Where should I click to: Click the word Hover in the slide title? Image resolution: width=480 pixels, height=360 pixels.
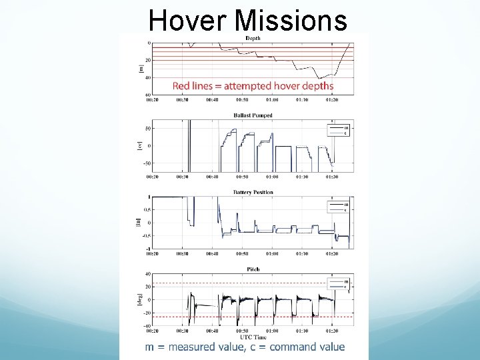click(189, 20)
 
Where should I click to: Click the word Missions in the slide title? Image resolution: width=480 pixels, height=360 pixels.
click(291, 20)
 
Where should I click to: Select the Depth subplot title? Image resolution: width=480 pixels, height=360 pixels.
click(253, 39)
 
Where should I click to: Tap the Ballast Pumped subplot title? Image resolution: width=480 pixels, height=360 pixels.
click(253, 115)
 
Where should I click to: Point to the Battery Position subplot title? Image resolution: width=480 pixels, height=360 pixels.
click(253, 192)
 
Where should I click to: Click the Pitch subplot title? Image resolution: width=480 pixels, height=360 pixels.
click(253, 269)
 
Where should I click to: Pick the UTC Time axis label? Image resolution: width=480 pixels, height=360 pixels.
click(253, 338)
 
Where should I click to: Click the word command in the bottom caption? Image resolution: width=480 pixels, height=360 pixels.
click(283, 347)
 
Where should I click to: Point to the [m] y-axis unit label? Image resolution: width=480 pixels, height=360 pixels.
click(141, 69)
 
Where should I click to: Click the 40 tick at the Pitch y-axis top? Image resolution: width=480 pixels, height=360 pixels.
click(147, 274)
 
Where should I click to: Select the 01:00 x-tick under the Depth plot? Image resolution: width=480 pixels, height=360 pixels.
click(272, 101)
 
